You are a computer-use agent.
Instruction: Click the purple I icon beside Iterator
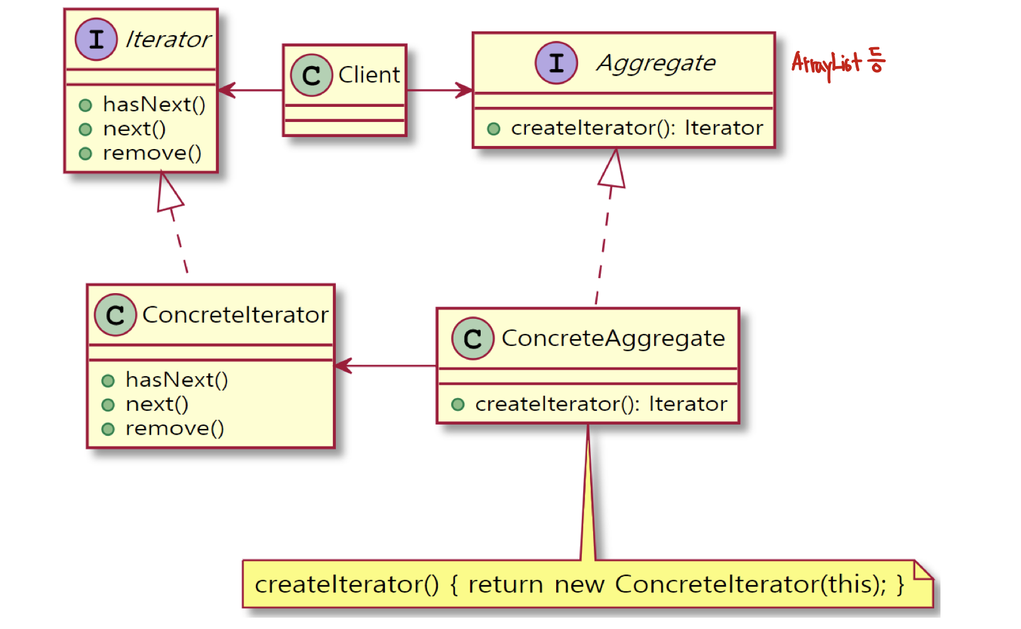[x=96, y=40]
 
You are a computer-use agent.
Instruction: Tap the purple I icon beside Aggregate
[x=556, y=63]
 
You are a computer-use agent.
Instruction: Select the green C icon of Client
[x=311, y=75]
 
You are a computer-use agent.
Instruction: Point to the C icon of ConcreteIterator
[x=115, y=314]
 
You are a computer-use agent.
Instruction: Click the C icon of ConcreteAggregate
[x=472, y=338]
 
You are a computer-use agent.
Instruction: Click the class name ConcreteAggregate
[x=613, y=338]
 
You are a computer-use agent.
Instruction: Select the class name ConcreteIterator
[x=235, y=314]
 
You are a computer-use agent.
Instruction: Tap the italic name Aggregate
[x=656, y=63]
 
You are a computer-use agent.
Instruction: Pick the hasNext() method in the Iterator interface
[x=154, y=104]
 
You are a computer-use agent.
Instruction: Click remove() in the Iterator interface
[x=152, y=153]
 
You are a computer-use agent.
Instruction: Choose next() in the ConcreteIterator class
[x=157, y=404]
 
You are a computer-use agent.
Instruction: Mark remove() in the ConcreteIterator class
[x=174, y=429]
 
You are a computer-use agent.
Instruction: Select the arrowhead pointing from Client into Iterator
[x=226, y=90]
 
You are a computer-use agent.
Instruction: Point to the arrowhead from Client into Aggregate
[x=464, y=90]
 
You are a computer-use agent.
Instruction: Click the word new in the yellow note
[x=579, y=585]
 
